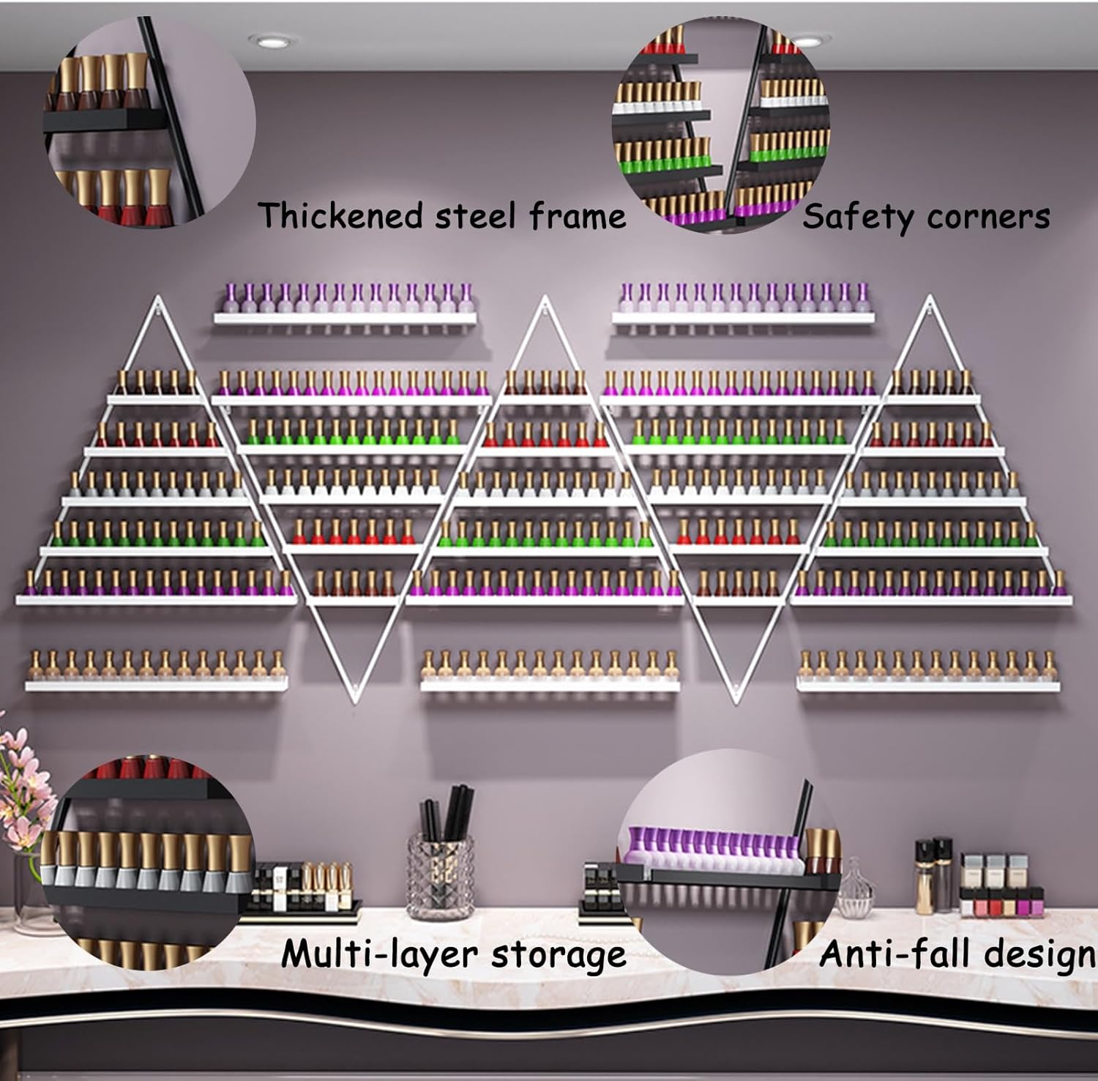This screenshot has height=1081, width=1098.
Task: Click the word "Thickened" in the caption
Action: [341, 216]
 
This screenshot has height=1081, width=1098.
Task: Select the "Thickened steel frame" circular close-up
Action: [150, 121]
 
